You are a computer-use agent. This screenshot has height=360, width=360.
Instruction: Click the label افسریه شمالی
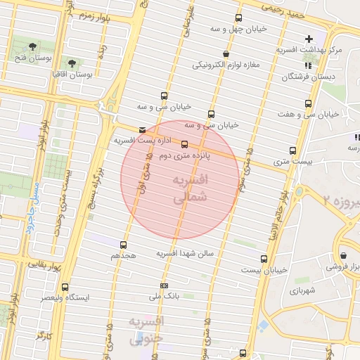click(191, 189)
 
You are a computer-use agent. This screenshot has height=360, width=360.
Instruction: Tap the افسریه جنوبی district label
click(147, 330)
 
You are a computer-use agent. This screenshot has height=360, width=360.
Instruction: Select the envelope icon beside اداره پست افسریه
click(143, 130)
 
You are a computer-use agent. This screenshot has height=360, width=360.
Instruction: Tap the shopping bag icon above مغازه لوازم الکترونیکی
click(225, 53)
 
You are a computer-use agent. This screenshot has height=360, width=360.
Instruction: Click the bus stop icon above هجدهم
click(124, 245)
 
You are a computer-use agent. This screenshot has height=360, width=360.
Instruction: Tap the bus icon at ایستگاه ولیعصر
click(65, 287)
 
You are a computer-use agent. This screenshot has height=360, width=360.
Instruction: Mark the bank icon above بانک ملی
click(164, 285)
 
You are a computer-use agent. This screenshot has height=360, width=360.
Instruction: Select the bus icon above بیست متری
click(292, 150)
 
